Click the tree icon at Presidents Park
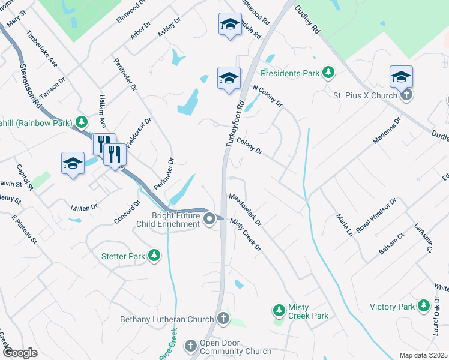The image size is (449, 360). click(x=328, y=73)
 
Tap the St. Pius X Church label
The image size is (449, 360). click(x=365, y=95)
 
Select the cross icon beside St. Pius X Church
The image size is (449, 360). click(x=406, y=95)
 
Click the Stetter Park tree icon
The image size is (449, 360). click(x=154, y=256)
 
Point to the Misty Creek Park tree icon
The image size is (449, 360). click(x=279, y=310)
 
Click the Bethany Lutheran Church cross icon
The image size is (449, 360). click(x=223, y=319)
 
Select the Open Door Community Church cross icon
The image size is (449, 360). click(x=191, y=346)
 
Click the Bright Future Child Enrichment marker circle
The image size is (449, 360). click(x=209, y=219)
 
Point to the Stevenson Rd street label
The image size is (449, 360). click(x=30, y=86)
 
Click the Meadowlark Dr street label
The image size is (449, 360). click(x=246, y=209)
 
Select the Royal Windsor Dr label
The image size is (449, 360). click(x=376, y=215)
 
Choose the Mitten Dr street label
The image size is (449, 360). click(x=84, y=208)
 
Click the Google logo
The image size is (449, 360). click(x=20, y=353)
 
